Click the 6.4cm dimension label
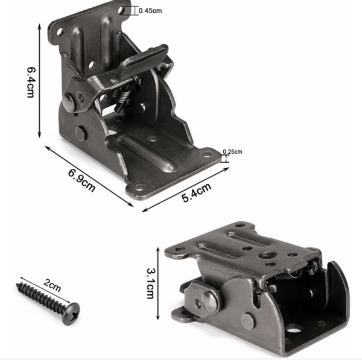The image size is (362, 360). tap(31, 83)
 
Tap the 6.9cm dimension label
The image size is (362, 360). tap(82, 180)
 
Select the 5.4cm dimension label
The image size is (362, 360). tap(197, 192)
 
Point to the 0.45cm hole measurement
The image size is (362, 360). tap(150, 11)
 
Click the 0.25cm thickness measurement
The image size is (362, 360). tap(232, 151)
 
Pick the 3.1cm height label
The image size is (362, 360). tap(151, 283)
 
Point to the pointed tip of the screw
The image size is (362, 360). tap(17, 284)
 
